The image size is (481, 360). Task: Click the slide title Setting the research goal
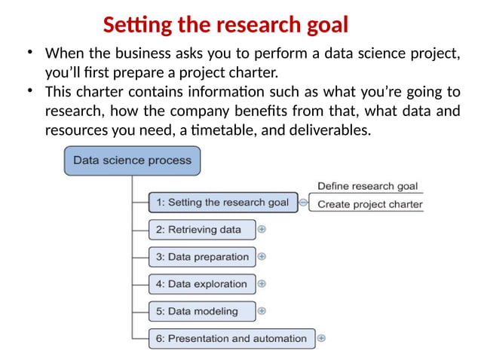click(225, 26)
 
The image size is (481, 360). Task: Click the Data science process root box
click(132, 160)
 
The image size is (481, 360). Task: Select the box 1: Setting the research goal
click(222, 203)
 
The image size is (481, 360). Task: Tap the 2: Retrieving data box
click(201, 230)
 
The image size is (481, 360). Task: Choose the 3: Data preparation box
click(201, 257)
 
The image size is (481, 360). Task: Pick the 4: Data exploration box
click(201, 284)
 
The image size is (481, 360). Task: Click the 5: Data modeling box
click(201, 311)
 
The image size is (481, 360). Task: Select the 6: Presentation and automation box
click(231, 338)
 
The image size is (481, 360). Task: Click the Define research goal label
click(367, 186)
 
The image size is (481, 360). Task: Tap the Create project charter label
click(369, 204)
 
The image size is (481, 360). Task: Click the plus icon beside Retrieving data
click(262, 229)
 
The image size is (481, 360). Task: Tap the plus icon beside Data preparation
click(262, 256)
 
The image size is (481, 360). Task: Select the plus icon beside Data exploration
click(262, 284)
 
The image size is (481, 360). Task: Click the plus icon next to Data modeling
click(262, 310)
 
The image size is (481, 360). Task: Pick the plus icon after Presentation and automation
click(321, 338)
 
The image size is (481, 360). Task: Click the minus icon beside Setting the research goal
click(303, 203)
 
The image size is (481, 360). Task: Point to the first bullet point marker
click(29, 53)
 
